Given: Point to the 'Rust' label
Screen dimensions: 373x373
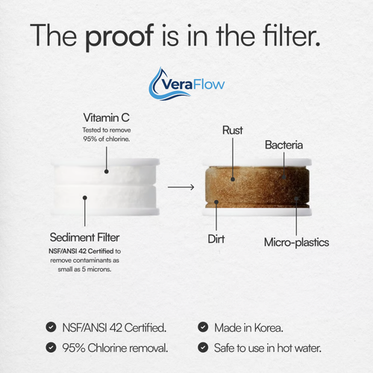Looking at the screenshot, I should [232, 131].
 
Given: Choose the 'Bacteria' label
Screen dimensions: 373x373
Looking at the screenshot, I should [283, 143].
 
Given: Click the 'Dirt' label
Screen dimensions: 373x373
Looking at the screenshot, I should [217, 241].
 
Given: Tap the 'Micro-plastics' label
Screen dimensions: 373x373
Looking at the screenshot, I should [297, 242].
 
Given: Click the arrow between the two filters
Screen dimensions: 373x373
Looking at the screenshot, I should [176, 186].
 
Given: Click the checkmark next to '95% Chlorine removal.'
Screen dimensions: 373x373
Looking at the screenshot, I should [50, 347].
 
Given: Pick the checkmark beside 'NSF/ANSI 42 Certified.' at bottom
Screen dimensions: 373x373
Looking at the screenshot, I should [50, 327].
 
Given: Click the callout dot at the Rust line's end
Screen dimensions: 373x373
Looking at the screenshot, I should [232, 178].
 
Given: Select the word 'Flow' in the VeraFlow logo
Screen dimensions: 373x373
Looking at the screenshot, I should [211, 84].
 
